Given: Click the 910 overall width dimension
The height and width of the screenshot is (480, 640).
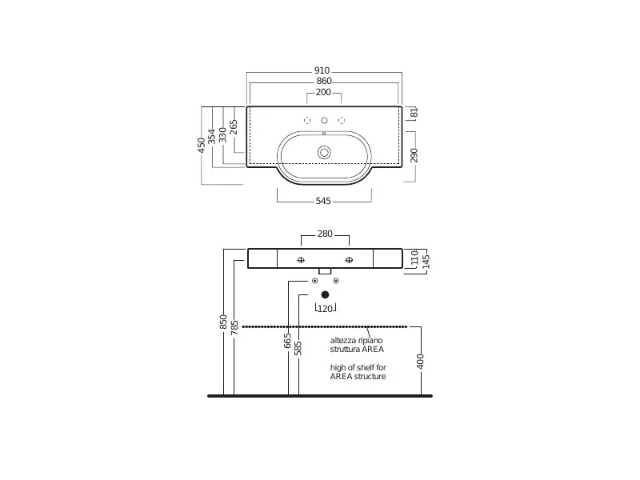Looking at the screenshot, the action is click(322, 70).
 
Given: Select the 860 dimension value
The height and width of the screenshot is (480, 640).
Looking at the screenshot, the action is click(324, 82).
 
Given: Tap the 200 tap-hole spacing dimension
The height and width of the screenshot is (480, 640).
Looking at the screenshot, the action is click(323, 92).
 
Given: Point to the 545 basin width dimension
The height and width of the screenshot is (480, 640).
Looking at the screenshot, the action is click(323, 201).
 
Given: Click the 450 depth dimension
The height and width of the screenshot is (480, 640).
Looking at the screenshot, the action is click(202, 146).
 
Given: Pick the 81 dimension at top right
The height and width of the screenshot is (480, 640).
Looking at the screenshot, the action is click(414, 112).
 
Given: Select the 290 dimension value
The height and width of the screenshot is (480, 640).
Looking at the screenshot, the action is click(414, 155).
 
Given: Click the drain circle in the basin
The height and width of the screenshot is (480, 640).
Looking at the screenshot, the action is click(324, 153).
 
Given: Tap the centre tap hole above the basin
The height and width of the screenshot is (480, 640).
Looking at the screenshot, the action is click(324, 121).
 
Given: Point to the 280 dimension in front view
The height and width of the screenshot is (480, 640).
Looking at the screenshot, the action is click(325, 234).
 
